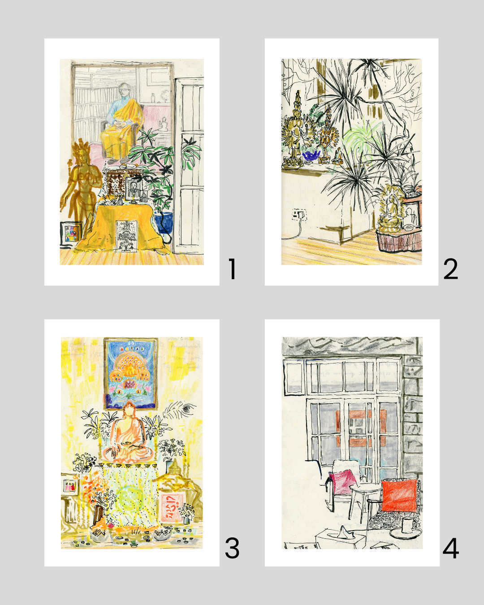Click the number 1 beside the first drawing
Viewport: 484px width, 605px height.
[232, 269]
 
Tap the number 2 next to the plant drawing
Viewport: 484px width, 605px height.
[450, 269]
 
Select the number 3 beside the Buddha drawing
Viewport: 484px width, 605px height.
[232, 548]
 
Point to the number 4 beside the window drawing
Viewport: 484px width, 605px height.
[450, 548]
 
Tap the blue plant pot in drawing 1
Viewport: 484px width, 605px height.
[164, 222]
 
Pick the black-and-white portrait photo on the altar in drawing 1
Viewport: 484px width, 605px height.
[134, 188]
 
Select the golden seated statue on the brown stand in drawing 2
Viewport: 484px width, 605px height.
[390, 209]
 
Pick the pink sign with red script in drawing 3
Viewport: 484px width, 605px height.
[172, 508]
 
